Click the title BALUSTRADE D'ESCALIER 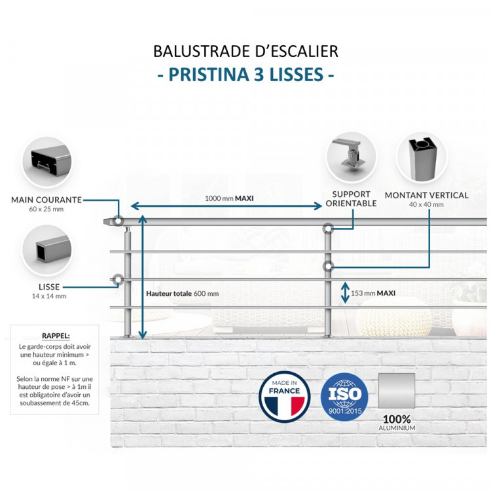pyautogui.click(x=245, y=51)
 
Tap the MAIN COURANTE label pyautogui.click(x=46, y=200)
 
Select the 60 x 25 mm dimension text pyautogui.click(x=46, y=209)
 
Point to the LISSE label pyautogui.click(x=49, y=287)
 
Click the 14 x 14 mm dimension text pyautogui.click(x=49, y=296)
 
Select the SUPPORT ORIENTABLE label pyautogui.click(x=351, y=199)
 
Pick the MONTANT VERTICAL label pyautogui.click(x=426, y=195)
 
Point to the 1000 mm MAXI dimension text pyautogui.click(x=229, y=198)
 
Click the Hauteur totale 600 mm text pyautogui.click(x=183, y=293)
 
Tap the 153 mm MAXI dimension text pyautogui.click(x=373, y=293)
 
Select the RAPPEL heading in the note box pyautogui.click(x=54, y=335)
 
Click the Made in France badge pyautogui.click(x=284, y=396)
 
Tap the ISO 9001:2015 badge pyautogui.click(x=344, y=397)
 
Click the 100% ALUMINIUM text pyautogui.click(x=397, y=423)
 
